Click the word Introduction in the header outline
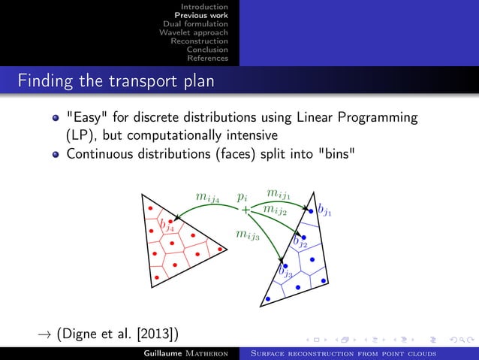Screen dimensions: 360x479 (209, 6)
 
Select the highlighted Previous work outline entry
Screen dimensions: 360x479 (201, 15)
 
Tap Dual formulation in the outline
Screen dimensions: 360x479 (195, 24)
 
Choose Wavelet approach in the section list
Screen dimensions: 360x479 (194, 32)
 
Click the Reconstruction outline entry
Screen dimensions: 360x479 (199, 41)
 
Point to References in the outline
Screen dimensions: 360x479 (207, 59)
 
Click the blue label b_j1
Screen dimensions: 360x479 (324, 210)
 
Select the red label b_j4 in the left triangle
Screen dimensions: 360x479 (166, 225)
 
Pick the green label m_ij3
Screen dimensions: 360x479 (248, 235)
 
